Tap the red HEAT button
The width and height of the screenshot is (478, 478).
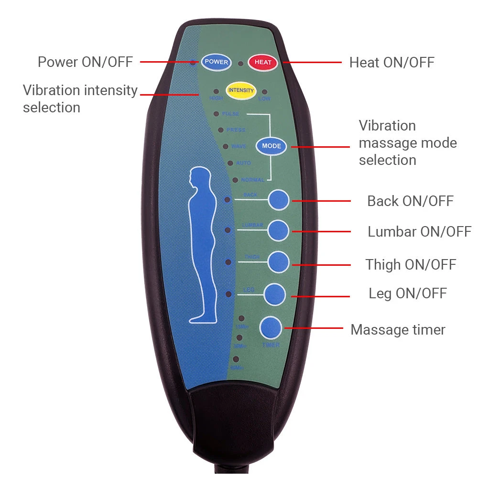(263, 62)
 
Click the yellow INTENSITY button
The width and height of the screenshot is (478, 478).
(241, 91)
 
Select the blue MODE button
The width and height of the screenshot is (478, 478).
(272, 146)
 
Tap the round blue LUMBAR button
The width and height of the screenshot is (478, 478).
(278, 231)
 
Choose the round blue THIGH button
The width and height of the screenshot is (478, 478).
(278, 261)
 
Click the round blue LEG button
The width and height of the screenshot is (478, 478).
(275, 293)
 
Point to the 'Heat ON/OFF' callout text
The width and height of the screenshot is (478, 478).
(391, 62)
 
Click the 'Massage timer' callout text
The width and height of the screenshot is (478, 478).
(398, 329)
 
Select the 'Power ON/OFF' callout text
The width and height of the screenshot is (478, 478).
(85, 62)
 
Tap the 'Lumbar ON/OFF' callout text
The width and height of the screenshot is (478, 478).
(419, 232)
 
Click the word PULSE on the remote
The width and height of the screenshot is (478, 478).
(230, 114)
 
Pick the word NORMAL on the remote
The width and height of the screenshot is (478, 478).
(252, 180)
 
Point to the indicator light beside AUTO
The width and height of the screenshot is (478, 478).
(230, 163)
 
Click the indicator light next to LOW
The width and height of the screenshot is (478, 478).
(264, 91)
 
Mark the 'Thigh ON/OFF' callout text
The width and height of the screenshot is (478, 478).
(411, 264)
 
